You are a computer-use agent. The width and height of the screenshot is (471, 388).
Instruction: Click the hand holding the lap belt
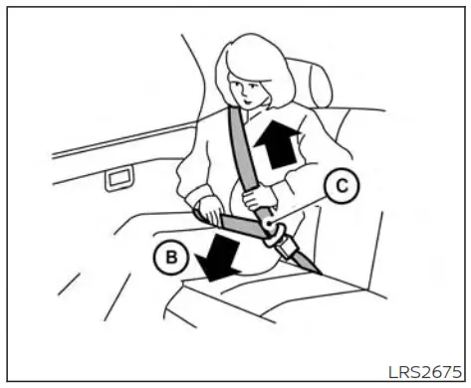(210, 210)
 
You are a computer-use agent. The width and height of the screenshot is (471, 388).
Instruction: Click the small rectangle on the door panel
(118, 177)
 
